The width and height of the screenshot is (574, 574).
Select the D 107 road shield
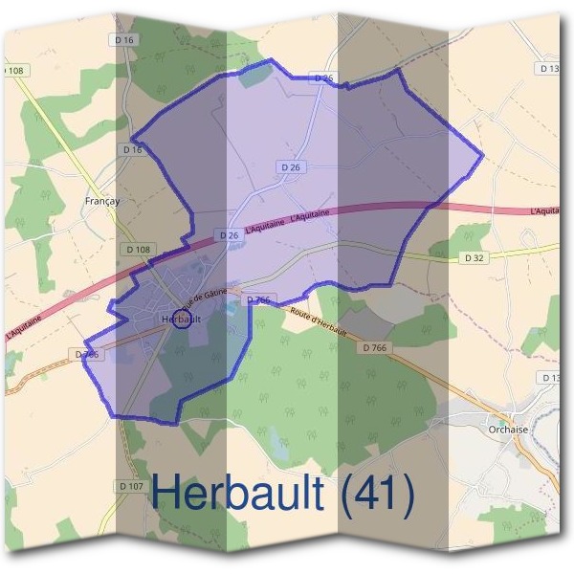click(133, 486)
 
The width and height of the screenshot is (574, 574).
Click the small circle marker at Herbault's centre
click(179, 320)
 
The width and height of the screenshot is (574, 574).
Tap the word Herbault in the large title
click(244, 494)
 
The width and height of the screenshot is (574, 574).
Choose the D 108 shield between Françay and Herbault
click(137, 250)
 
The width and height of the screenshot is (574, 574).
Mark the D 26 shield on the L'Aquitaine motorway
click(228, 234)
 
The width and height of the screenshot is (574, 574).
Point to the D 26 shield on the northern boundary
click(324, 77)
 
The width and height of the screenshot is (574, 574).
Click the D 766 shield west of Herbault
click(87, 354)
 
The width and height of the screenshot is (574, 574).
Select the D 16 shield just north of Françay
click(132, 150)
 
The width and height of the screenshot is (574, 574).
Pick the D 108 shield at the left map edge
click(13, 70)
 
